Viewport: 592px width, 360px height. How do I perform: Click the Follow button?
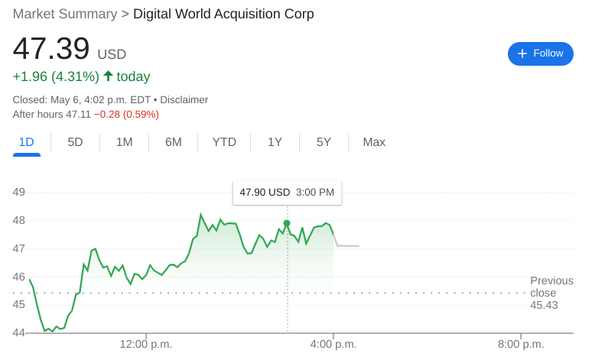[x=540, y=54]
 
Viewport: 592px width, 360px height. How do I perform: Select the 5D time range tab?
[x=75, y=142]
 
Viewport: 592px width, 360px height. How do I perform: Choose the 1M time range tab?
[x=125, y=142]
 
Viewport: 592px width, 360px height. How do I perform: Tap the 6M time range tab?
[x=174, y=142]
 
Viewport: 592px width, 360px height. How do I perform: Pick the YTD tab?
[x=224, y=142]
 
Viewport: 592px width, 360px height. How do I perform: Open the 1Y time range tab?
[x=275, y=142]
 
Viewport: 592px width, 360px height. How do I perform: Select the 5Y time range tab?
[x=324, y=142]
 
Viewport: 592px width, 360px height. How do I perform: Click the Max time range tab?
[x=374, y=142]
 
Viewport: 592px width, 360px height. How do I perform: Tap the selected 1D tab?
[x=26, y=142]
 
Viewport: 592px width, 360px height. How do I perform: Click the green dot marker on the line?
[x=287, y=223]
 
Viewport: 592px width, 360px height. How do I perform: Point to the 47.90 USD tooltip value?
[x=265, y=193]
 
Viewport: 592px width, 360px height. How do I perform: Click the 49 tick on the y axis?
[x=19, y=192]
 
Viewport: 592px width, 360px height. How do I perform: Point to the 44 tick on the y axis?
[x=19, y=332]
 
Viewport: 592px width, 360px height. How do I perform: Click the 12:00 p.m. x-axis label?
[x=145, y=345]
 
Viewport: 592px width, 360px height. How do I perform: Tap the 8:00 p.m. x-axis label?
[x=520, y=345]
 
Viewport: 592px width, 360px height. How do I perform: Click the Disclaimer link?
[x=184, y=99]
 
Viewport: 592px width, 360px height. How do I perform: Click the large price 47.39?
[x=51, y=49]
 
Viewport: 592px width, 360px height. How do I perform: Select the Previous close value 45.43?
[x=544, y=306]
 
